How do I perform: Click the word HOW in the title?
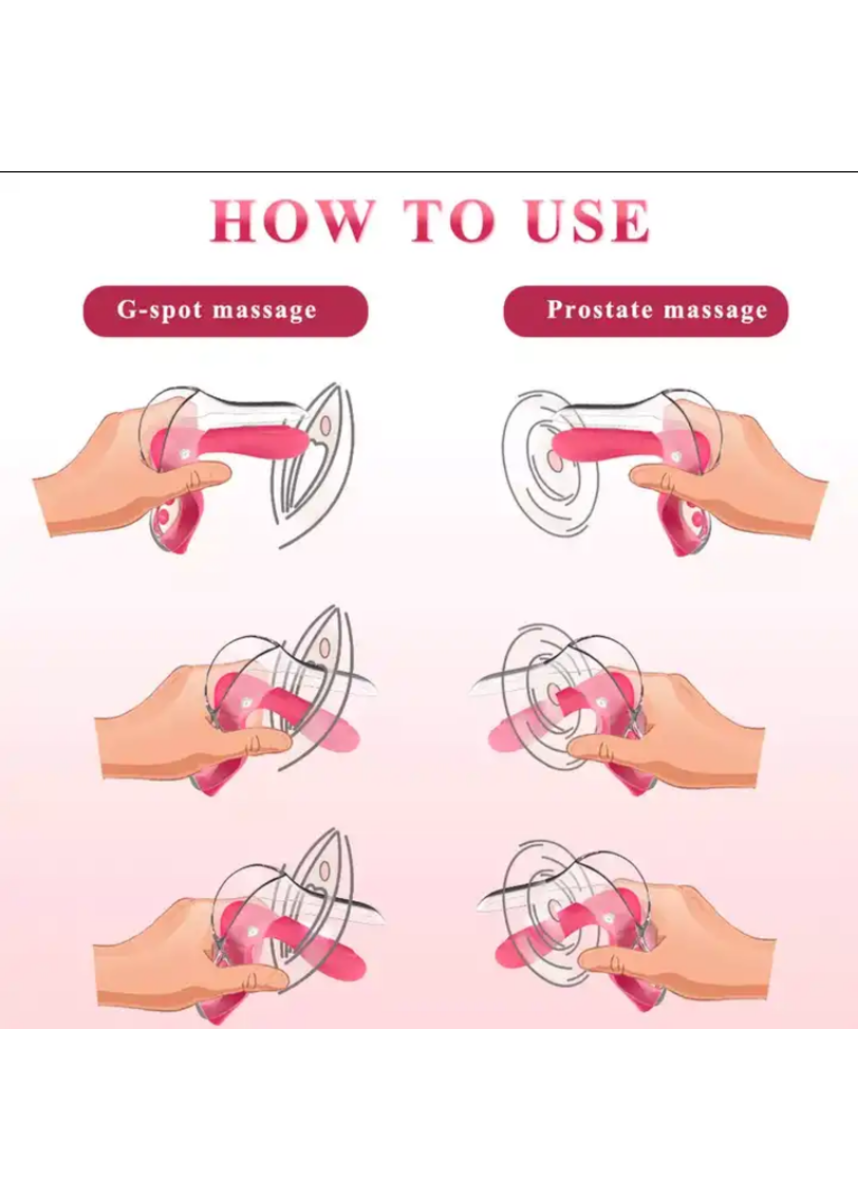coord(289,221)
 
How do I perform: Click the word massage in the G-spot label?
coord(264,312)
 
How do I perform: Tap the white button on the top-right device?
coord(677,455)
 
